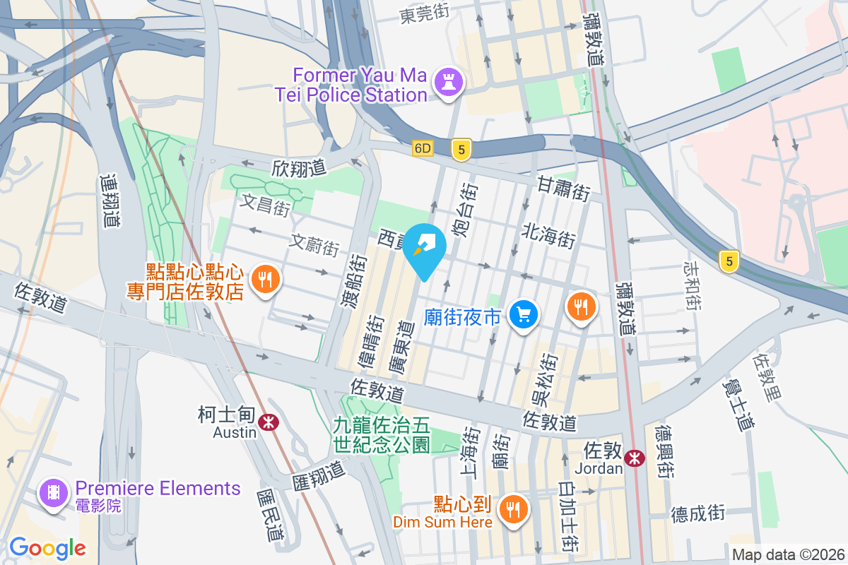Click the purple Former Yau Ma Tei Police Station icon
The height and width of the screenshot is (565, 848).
[448, 82]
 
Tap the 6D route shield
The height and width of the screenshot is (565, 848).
[423, 148]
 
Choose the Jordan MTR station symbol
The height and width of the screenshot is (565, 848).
[635, 457]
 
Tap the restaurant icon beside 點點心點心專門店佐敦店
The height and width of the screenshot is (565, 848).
[266, 279]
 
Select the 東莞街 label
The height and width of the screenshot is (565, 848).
[424, 13]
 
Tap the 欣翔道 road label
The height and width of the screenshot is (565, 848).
[299, 168]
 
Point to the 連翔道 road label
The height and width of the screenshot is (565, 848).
[110, 201]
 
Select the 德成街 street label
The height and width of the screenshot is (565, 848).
[697, 513]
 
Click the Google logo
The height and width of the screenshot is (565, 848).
[47, 547]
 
